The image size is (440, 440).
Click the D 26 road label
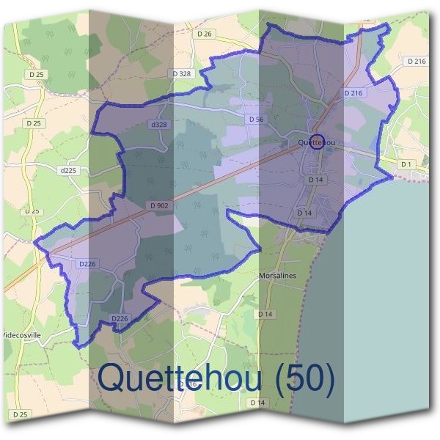(x=204, y=34)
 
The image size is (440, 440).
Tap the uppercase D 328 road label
(x=181, y=74)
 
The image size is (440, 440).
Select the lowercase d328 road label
(x=159, y=125)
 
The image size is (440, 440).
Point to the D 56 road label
(x=256, y=119)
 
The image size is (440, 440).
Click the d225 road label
(x=68, y=170)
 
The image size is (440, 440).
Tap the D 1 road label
(x=406, y=164)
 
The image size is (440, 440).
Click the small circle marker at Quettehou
(x=316, y=143)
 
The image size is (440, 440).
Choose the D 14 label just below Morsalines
(x=265, y=314)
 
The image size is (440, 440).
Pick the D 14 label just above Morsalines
(x=305, y=213)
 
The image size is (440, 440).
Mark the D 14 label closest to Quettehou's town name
(x=315, y=179)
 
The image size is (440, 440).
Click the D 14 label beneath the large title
(x=257, y=403)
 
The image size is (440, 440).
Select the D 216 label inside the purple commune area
(x=353, y=93)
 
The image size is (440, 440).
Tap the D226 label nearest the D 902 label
(x=87, y=263)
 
